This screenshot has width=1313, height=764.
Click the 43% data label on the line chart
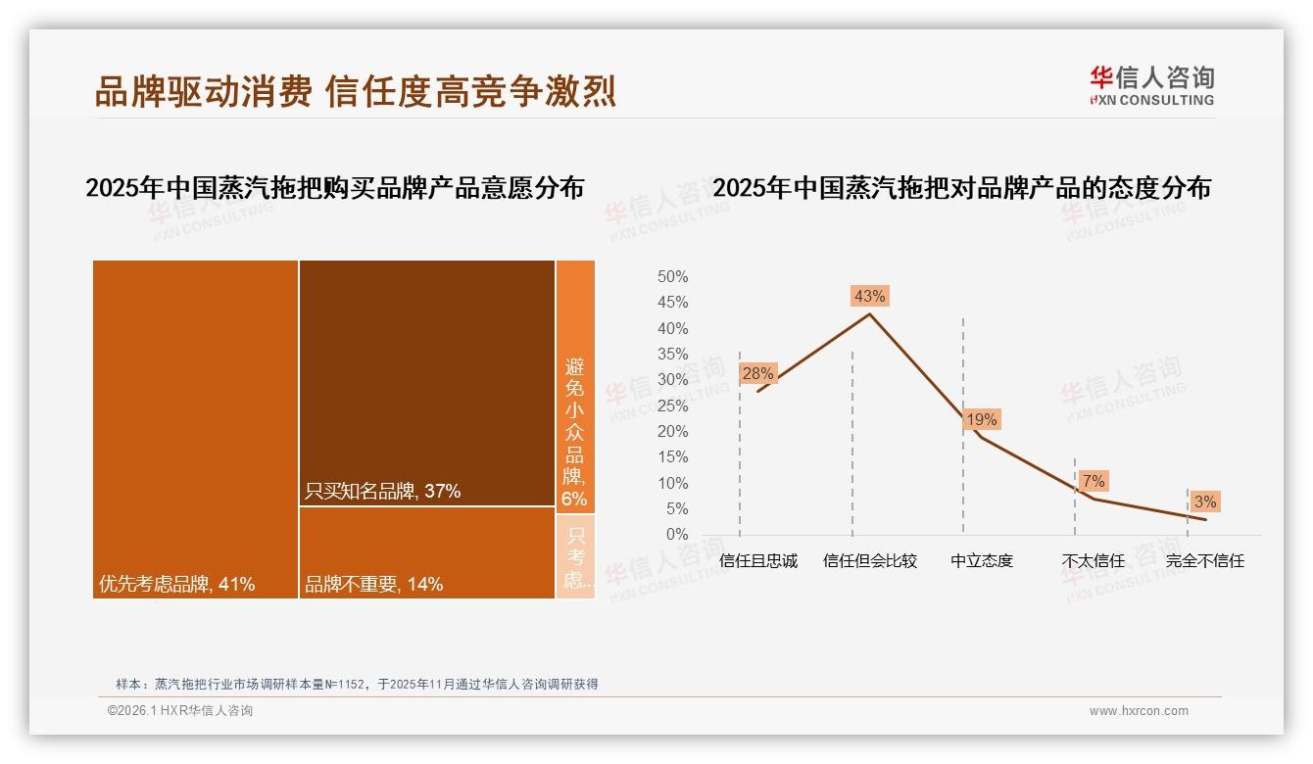(x=869, y=296)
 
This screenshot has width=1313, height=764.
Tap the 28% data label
(x=757, y=373)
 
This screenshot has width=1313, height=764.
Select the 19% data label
(x=981, y=419)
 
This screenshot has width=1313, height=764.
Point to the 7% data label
(x=1094, y=481)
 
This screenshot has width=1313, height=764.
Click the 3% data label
(x=1205, y=501)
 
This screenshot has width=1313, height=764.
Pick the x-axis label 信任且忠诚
(x=757, y=561)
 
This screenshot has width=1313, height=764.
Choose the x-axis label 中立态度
(x=981, y=561)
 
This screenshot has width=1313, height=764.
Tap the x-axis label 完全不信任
(x=1204, y=561)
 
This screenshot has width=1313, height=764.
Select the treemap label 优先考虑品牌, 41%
(x=176, y=585)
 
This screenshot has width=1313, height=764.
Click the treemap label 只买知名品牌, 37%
(x=382, y=492)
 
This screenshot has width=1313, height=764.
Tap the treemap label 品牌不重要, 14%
(x=373, y=585)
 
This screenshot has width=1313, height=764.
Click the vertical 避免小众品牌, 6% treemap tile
(x=575, y=431)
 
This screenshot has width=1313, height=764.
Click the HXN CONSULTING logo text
(x=1151, y=100)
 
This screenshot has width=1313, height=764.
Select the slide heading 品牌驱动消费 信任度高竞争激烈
(x=355, y=92)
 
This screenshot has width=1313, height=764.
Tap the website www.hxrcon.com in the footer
(x=1139, y=711)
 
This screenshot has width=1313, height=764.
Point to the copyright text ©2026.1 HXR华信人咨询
(x=180, y=711)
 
